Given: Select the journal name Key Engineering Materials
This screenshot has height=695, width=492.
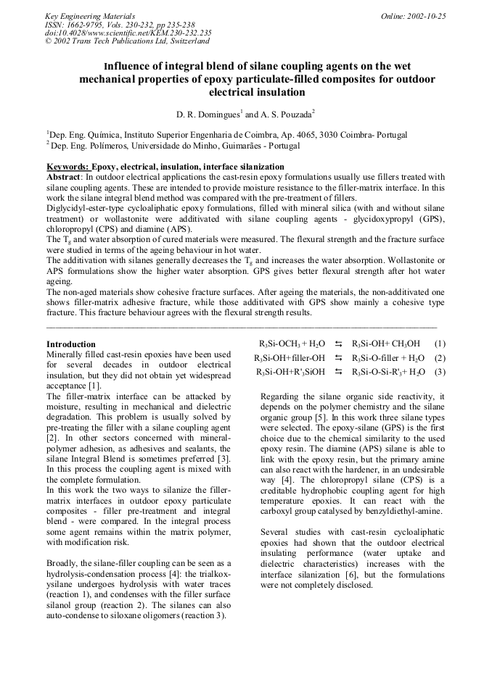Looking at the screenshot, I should tap(90, 15).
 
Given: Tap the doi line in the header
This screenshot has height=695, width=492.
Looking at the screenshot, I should tap(128, 33).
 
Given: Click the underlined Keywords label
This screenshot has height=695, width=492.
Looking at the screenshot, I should tap(68, 167).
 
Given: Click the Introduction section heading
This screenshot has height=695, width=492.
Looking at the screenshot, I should tap(70, 344).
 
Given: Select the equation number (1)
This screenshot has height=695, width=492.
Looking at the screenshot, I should tap(440, 344).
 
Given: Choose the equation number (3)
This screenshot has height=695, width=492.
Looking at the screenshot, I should tap(440, 373).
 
